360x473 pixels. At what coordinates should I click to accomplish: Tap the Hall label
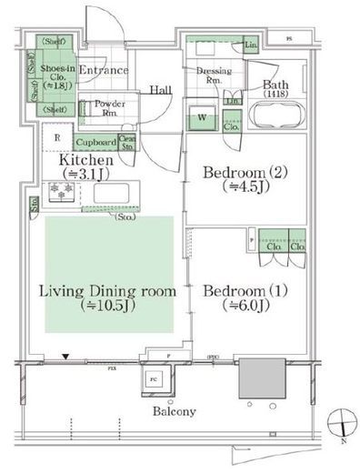click(161, 90)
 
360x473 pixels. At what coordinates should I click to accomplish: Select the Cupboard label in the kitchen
click(95, 143)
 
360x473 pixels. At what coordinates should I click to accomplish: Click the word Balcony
click(174, 412)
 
